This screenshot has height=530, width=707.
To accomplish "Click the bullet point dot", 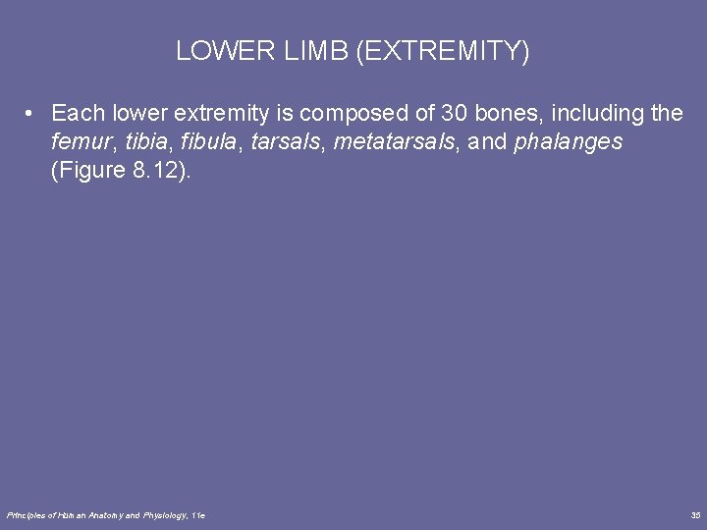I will click(32, 114).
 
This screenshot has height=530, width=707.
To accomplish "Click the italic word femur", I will click(80, 143).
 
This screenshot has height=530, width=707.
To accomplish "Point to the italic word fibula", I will click(208, 143).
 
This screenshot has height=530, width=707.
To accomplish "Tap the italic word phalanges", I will click(568, 143).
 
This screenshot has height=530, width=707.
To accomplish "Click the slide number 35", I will click(695, 514).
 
